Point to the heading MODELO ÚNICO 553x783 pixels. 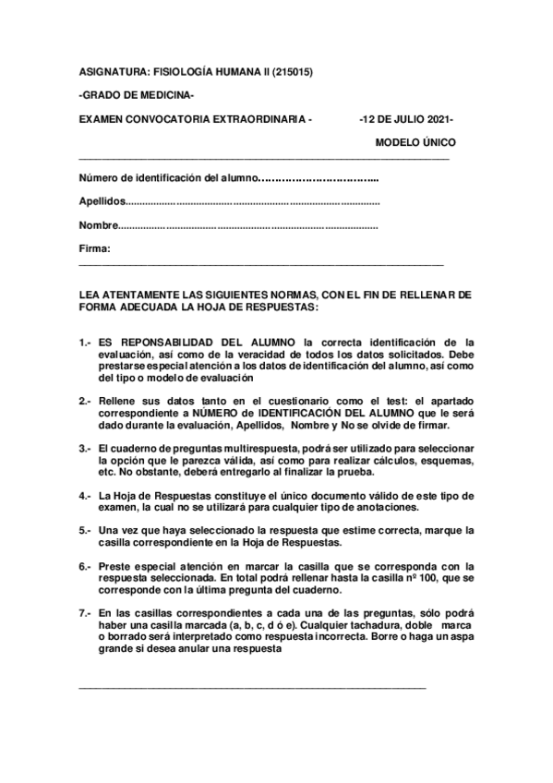click(x=415, y=143)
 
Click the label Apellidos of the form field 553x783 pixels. click(x=101, y=201)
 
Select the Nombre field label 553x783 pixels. click(x=98, y=224)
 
